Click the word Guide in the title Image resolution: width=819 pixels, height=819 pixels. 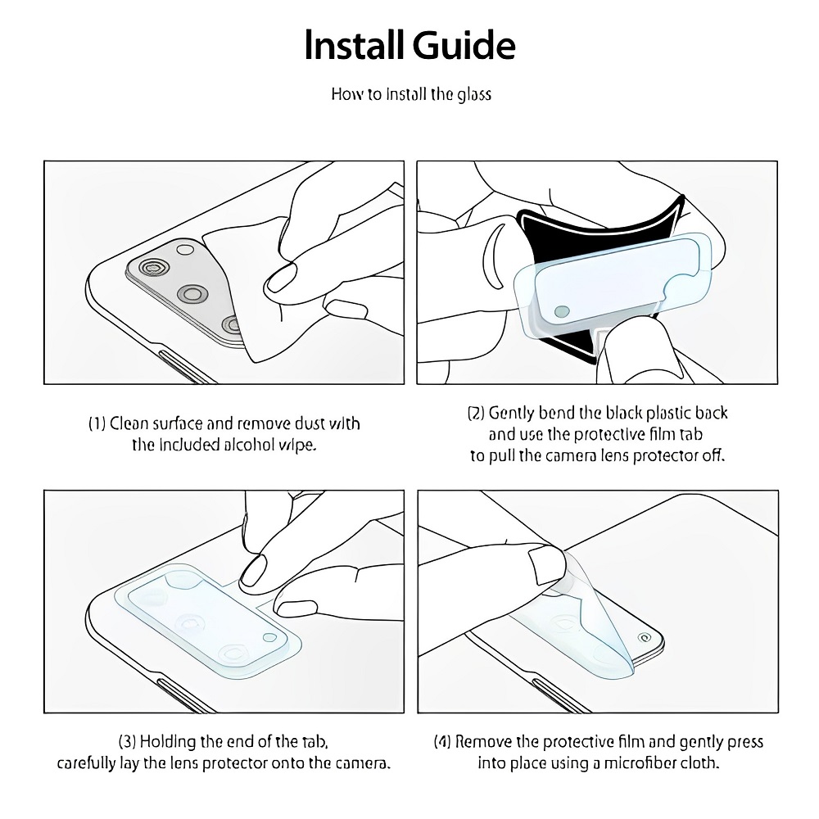click(x=464, y=45)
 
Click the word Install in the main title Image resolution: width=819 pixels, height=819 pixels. click(x=354, y=45)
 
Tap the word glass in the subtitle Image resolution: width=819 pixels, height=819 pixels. click(x=474, y=94)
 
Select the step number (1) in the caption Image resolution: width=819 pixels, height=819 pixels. click(x=97, y=423)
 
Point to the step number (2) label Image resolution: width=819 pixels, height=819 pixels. click(x=476, y=413)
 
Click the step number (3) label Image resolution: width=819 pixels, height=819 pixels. click(x=128, y=742)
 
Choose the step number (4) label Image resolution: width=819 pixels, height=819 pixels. click(x=442, y=742)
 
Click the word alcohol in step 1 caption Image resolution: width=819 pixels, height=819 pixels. click(x=250, y=445)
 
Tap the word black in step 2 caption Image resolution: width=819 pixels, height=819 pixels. click(x=623, y=413)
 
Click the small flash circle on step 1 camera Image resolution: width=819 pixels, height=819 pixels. click(x=185, y=249)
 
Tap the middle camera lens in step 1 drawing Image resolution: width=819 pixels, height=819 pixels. click(x=192, y=294)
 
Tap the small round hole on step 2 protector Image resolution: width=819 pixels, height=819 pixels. click(x=562, y=312)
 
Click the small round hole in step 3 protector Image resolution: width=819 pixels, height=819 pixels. click(x=270, y=637)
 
